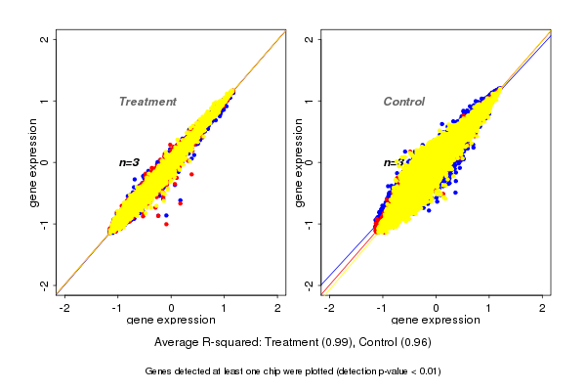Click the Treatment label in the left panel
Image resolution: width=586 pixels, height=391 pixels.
pos(147,102)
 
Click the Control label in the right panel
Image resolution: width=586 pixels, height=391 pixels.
pos(403,102)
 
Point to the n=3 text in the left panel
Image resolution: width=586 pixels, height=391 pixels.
pos(129,162)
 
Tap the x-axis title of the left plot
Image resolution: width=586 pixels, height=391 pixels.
pos(172,321)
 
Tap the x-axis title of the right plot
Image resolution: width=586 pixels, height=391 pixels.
pos(436,321)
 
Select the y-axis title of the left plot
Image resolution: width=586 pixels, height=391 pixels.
pos(34,162)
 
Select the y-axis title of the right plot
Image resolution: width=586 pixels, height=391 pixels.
pos(299,162)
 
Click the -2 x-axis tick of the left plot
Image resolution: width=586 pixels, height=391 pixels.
pos(64,307)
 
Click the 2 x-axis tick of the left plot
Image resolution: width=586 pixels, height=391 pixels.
pos(278,307)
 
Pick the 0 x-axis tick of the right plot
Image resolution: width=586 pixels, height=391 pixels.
pos(436,307)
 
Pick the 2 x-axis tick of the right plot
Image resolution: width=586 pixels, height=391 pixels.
pos(542,307)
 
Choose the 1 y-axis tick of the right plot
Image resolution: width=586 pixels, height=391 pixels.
pos(310,101)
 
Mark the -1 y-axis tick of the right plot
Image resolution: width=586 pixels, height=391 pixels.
pos(310,223)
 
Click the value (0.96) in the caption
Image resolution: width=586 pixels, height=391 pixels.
pos(414,343)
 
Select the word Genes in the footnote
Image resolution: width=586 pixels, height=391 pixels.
pos(160,371)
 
